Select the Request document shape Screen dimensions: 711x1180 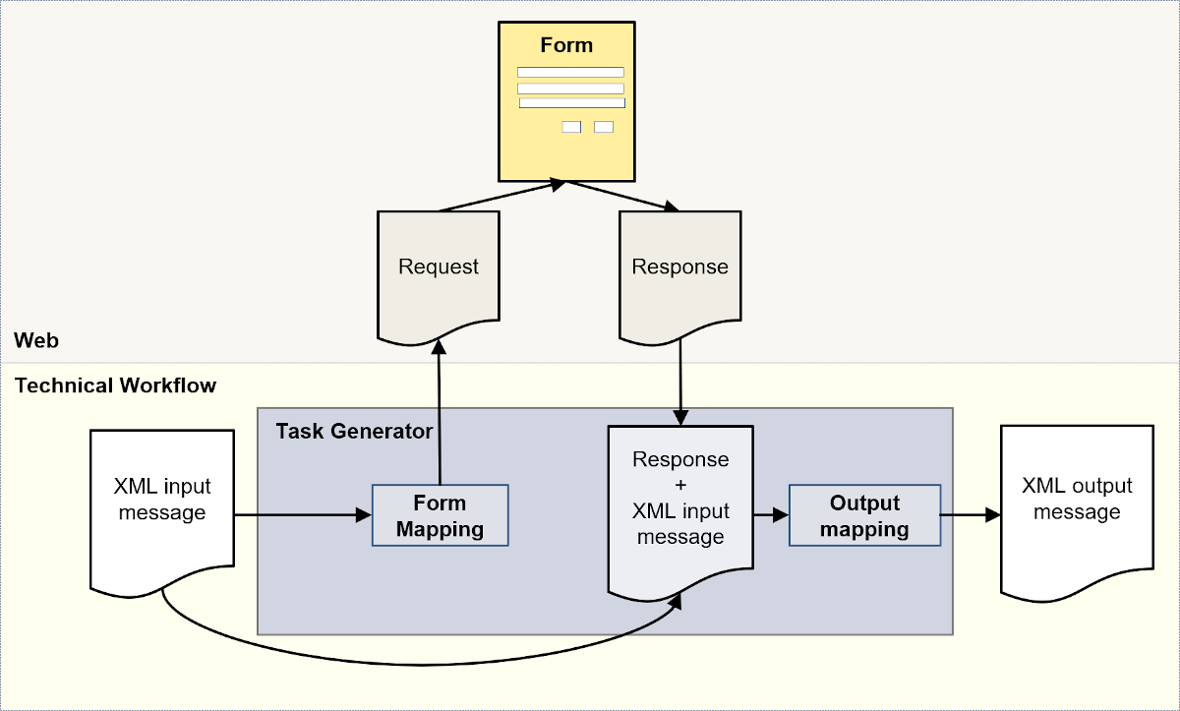439,267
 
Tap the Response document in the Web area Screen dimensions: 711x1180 679,267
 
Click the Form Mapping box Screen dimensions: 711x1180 440,516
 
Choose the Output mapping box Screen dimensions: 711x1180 864,516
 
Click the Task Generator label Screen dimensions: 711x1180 354,432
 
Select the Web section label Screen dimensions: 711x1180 36,341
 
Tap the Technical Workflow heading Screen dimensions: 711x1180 115,385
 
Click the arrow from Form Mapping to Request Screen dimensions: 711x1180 440,413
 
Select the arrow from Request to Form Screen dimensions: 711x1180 501,196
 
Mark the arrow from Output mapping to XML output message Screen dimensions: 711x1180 970,514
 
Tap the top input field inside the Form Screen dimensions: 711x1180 570,72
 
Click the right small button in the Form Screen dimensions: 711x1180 604,127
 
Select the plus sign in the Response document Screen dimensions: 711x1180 680,486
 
